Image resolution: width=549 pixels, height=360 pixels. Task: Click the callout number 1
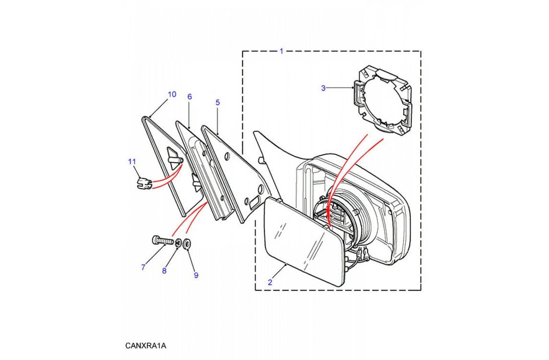point(281,51)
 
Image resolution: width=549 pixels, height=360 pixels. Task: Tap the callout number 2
point(270,283)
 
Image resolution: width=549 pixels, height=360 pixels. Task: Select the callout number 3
point(323,88)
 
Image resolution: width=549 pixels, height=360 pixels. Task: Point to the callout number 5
point(218,103)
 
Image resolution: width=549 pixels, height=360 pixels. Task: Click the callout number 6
point(189,97)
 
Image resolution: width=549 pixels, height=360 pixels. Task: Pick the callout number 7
point(143,267)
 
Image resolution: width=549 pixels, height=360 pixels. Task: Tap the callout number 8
point(164,271)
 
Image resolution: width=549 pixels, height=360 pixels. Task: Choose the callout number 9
point(196,275)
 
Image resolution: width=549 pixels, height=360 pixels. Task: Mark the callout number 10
point(172,94)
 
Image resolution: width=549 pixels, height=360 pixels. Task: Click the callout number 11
point(132,161)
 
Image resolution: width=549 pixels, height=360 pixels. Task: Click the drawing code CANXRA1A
point(146,346)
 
